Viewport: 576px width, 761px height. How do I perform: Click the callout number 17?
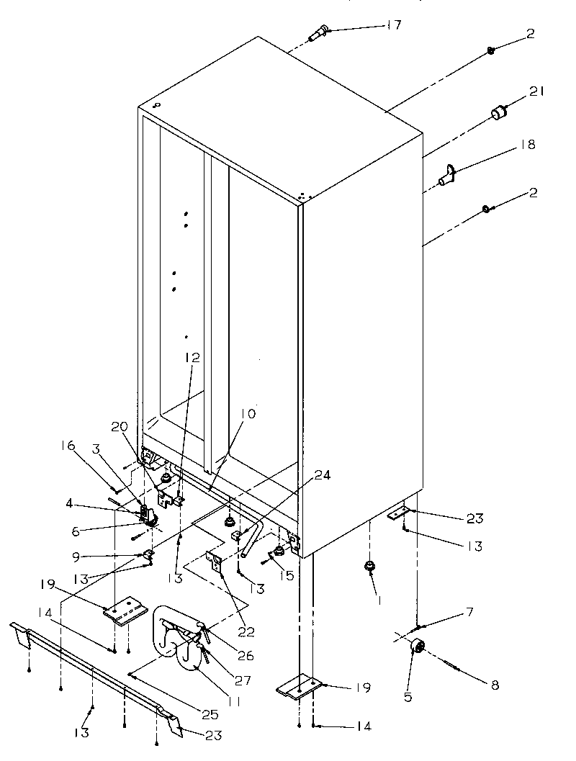click(392, 25)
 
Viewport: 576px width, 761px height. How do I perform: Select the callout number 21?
click(537, 91)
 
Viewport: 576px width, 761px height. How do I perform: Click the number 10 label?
click(248, 414)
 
